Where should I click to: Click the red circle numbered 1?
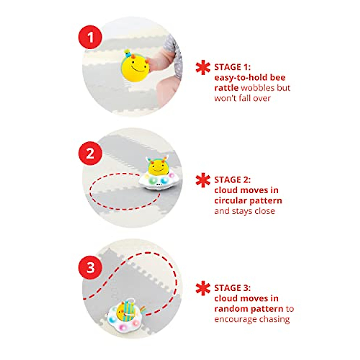[x=90, y=38]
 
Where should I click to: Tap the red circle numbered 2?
[x=90, y=154]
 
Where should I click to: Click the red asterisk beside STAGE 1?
[x=203, y=67]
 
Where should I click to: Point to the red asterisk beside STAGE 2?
[x=203, y=180]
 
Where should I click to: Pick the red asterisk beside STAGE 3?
[x=203, y=288]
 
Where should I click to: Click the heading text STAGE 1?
[x=232, y=67]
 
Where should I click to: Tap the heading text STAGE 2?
[x=232, y=180]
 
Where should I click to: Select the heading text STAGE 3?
[x=232, y=288]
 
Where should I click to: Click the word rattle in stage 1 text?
[x=226, y=88]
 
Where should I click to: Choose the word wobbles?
[x=257, y=88]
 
